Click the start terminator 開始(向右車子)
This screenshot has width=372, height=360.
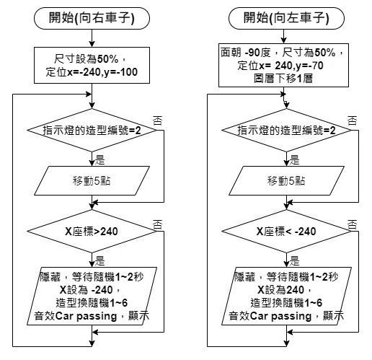point(92,18)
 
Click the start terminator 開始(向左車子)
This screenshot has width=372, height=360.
point(286,18)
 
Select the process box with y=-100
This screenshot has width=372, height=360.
point(92,65)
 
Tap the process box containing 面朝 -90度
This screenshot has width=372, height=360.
point(283,65)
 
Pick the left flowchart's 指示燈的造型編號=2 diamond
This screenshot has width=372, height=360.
point(92,130)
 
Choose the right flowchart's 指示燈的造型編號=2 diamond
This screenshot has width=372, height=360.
point(286,130)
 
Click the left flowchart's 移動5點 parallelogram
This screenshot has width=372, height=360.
point(92,180)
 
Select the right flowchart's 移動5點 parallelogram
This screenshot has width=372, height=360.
point(286,180)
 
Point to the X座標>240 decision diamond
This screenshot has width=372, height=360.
point(92,231)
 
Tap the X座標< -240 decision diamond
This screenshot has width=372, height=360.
point(286,231)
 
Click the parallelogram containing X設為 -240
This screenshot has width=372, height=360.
point(92,296)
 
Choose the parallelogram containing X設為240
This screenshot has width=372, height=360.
point(286,296)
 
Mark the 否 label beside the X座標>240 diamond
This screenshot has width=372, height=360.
point(158,224)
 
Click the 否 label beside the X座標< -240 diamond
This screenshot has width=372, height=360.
point(353,224)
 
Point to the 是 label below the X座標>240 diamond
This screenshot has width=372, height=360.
point(100,260)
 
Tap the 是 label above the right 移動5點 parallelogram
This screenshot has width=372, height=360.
point(295,159)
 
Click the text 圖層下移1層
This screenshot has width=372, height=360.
point(283,79)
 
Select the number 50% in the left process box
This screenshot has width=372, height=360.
point(107,59)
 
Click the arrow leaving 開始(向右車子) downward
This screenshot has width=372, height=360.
point(92,38)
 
